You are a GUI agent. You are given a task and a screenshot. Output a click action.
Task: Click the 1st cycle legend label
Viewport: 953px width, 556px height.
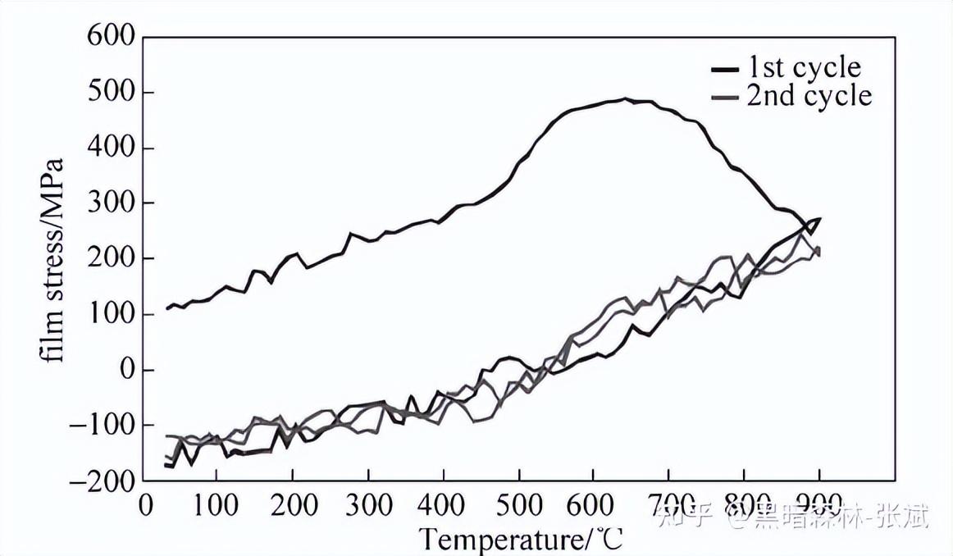point(803,66)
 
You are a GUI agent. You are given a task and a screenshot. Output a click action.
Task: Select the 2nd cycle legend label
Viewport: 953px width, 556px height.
point(808,96)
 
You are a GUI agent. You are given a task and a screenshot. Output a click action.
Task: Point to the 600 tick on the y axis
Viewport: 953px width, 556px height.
point(112,38)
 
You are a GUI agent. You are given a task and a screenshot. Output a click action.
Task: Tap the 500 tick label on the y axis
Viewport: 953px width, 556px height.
point(112,93)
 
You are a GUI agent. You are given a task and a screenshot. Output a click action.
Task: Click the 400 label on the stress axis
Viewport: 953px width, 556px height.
point(112,148)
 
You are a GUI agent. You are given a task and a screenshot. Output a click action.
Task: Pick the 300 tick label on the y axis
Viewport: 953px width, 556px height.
point(112,203)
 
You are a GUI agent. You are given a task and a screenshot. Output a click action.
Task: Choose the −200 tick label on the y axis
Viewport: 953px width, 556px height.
point(102,481)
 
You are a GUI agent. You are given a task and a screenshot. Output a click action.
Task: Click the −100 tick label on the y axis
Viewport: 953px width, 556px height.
point(102,426)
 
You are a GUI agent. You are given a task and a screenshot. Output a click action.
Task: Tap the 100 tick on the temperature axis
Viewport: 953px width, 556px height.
point(216,503)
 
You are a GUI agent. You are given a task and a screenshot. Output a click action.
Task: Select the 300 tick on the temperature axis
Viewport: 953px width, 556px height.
point(367,503)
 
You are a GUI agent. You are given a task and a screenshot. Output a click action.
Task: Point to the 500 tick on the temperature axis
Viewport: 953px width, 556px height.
point(518,503)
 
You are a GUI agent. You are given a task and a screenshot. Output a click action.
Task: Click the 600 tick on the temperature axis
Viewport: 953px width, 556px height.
point(594,503)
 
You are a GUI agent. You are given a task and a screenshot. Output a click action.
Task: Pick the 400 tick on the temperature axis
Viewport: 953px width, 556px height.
point(443,503)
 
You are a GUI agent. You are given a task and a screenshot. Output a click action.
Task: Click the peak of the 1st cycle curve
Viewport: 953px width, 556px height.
point(626,98)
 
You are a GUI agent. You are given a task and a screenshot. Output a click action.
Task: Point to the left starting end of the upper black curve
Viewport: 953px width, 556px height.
point(166,309)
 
